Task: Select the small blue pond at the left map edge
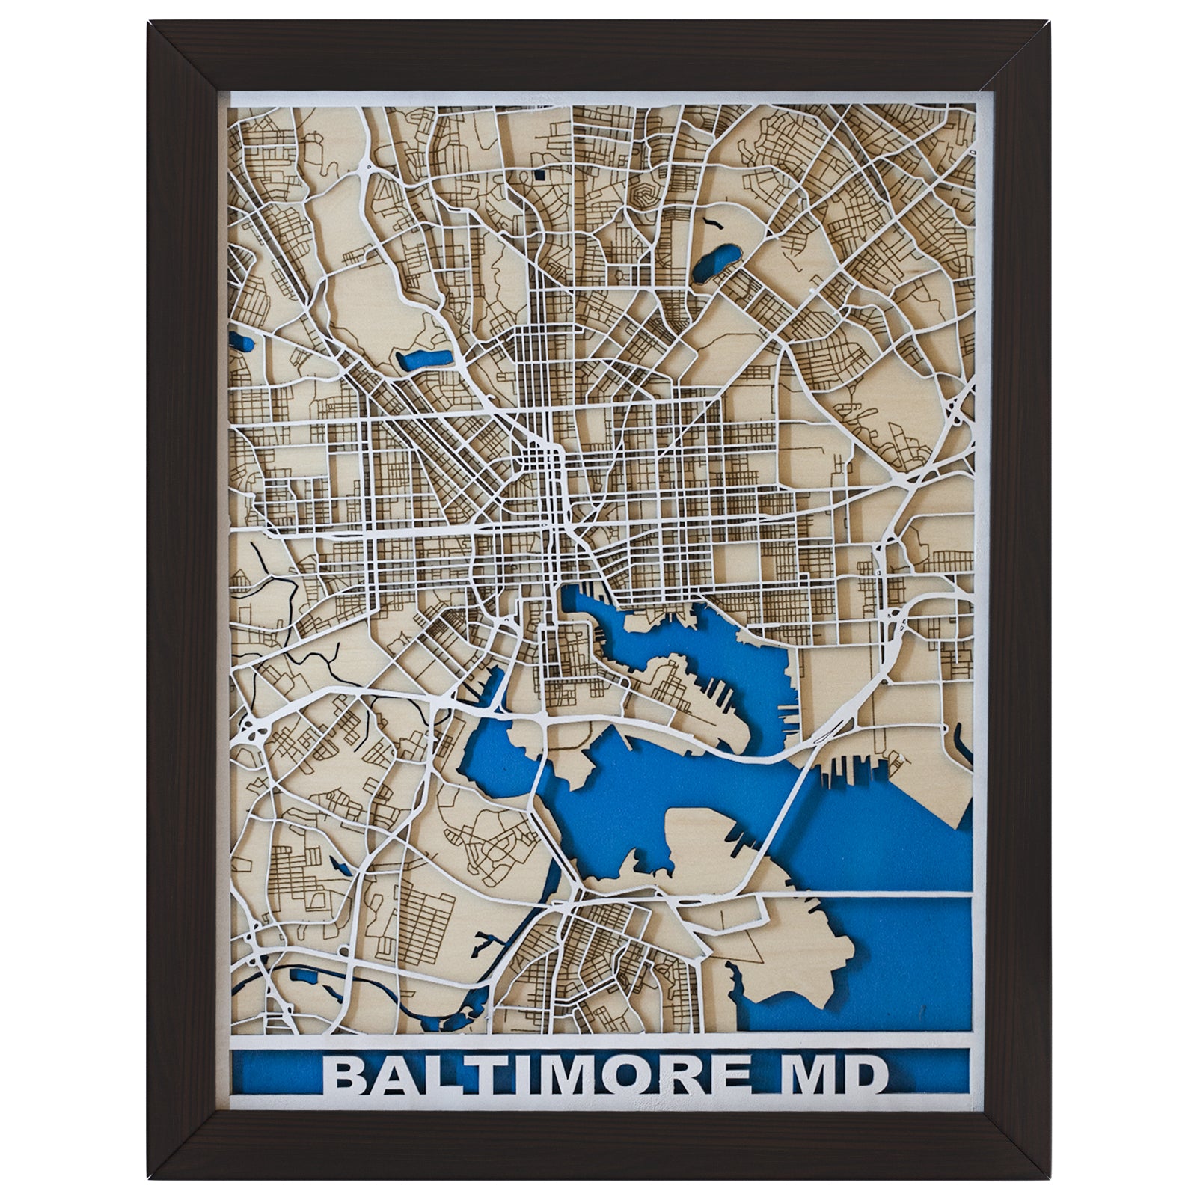[x=243, y=344]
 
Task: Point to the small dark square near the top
[x=539, y=177]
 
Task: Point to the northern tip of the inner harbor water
[x=569, y=595]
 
